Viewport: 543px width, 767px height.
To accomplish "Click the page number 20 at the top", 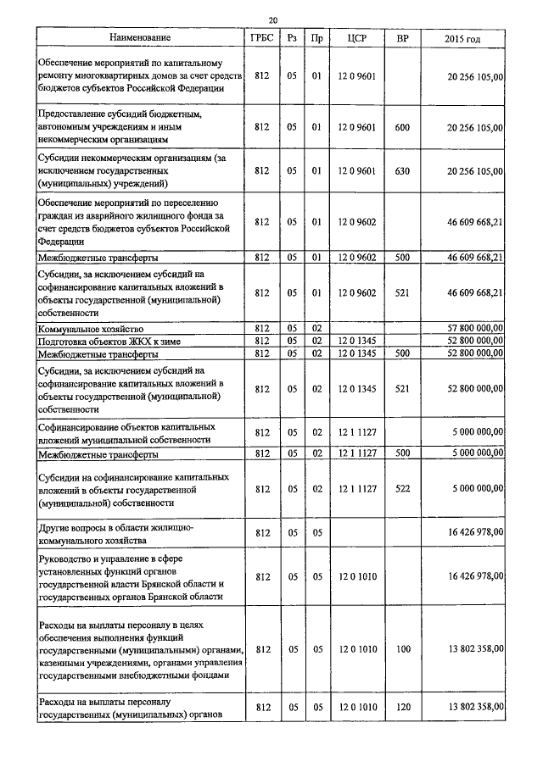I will [272, 19].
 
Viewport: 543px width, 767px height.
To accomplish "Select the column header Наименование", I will [140, 39].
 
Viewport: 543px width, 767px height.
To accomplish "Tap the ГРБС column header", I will [261, 39].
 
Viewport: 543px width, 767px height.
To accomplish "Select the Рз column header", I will [292, 39].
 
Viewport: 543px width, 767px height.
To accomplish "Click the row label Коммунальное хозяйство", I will [90, 327].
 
